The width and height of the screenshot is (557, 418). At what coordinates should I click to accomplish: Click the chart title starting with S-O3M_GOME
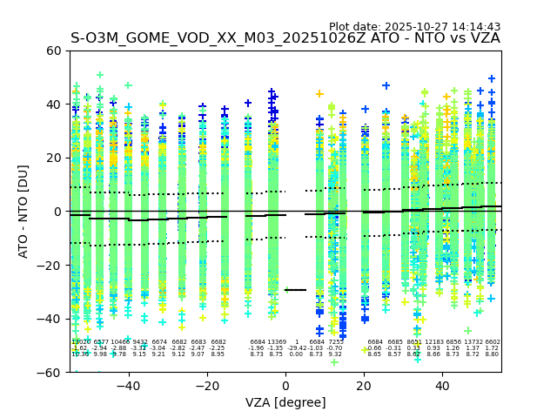point(285,38)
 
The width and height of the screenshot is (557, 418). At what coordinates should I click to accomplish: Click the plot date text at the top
point(414,27)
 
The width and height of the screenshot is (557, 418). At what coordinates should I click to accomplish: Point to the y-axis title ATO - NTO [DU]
point(23,212)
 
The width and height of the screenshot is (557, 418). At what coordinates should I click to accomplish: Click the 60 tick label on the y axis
point(53,51)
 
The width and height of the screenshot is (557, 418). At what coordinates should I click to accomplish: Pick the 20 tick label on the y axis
point(53,158)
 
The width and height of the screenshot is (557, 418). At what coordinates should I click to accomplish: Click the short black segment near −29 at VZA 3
point(297,290)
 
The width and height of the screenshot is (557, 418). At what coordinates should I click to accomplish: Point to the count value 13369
point(276,342)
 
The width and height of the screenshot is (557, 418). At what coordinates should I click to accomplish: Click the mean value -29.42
point(297,348)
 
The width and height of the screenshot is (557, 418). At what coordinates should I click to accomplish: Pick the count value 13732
point(473,342)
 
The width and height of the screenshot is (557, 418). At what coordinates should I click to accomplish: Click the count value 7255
point(335,342)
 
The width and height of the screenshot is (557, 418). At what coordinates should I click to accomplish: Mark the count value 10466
point(119,342)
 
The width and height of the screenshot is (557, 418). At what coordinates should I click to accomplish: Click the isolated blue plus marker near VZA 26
point(386,86)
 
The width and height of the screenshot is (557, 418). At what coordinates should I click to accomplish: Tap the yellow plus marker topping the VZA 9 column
point(319,94)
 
